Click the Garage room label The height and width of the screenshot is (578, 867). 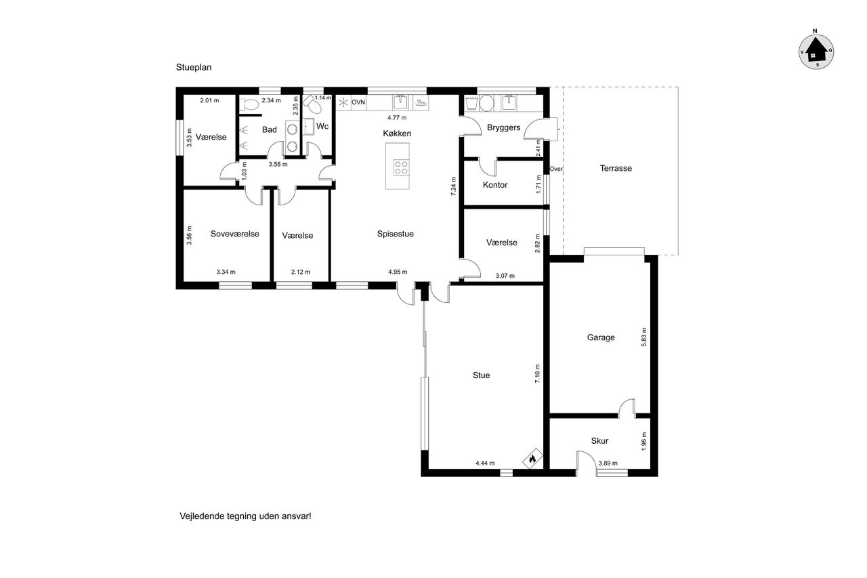pyautogui.click(x=601, y=337)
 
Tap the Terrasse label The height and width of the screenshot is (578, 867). pyautogui.click(x=616, y=169)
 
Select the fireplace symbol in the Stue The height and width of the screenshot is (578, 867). pyautogui.click(x=532, y=458)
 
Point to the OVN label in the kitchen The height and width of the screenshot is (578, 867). pyautogui.click(x=358, y=102)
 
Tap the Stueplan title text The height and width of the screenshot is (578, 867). pyautogui.click(x=194, y=67)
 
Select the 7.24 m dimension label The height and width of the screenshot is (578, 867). pyautogui.click(x=454, y=186)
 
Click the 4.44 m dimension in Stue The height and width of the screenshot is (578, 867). pyautogui.click(x=485, y=463)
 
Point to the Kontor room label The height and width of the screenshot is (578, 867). pyautogui.click(x=495, y=185)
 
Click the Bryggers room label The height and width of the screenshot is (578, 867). pyautogui.click(x=503, y=128)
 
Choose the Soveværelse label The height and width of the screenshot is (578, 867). pyautogui.click(x=234, y=234)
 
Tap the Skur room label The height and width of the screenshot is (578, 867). pyautogui.click(x=599, y=441)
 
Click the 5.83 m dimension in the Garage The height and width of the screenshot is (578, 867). pyautogui.click(x=644, y=337)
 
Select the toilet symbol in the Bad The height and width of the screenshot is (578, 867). pyautogui.click(x=250, y=104)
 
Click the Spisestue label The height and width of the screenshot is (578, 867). pyautogui.click(x=395, y=234)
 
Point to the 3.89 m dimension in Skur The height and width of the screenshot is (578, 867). pyautogui.click(x=608, y=463)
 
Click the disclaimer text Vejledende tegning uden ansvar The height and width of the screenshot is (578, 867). pyautogui.click(x=245, y=516)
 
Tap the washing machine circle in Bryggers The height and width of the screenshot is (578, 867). pyautogui.click(x=487, y=104)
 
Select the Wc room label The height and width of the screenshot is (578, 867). pyautogui.click(x=322, y=126)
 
